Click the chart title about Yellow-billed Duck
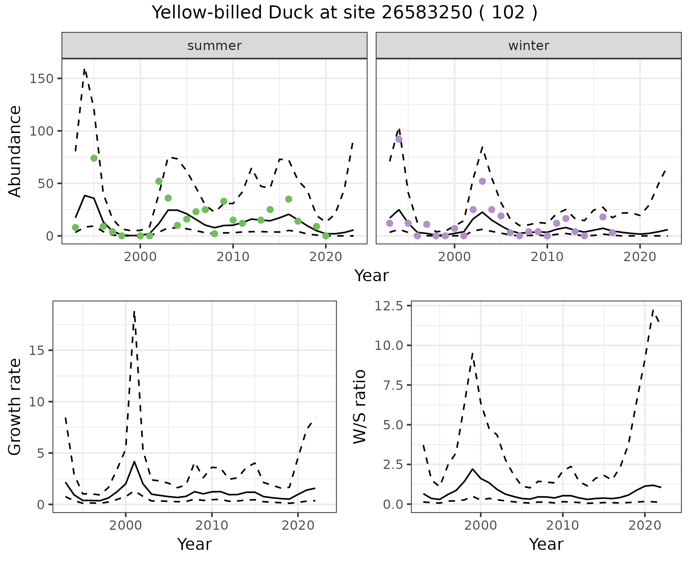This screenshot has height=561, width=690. [344, 13]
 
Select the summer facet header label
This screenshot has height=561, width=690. [214, 46]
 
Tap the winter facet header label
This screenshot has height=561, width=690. [528, 46]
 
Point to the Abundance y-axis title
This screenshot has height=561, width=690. [15, 151]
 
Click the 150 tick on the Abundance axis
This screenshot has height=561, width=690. [41, 79]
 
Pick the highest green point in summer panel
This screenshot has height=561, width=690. [94, 158]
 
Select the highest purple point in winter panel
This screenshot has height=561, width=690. [399, 140]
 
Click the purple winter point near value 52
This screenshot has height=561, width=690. [482, 181]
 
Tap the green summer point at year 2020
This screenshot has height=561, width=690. [326, 236]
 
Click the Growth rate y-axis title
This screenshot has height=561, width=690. [15, 407]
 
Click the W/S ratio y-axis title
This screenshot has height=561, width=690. [360, 407]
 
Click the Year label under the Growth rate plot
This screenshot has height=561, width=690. [194, 544]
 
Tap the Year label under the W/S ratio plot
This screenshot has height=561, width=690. [546, 544]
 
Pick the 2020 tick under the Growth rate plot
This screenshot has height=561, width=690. [298, 525]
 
